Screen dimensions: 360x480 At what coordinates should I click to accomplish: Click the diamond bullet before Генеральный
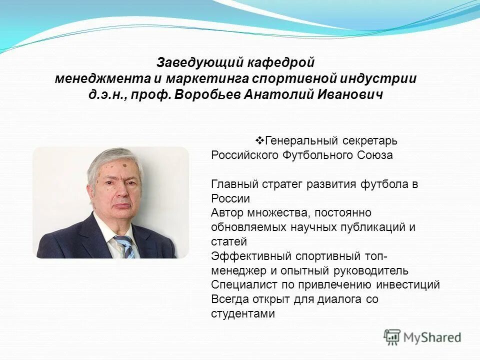point(259,139)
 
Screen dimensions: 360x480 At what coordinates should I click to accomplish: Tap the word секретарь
point(370,140)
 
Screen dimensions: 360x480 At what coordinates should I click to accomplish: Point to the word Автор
point(226,212)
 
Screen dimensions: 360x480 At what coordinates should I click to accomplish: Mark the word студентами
point(243,314)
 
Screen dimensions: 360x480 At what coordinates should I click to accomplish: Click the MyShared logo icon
point(392,337)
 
